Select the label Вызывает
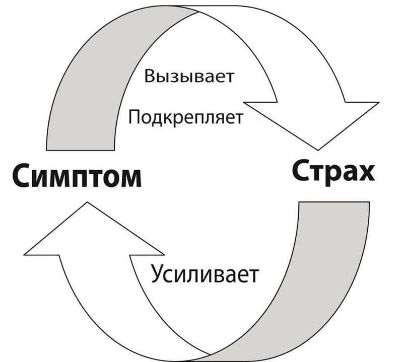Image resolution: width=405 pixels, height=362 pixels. pos(190,79)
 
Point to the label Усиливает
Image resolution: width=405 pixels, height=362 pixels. pos(204,275)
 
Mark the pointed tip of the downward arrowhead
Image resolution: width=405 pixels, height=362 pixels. pos(318,149)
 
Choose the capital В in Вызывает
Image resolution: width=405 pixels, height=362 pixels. pos(150,78)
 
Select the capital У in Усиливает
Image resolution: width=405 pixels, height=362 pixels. pos(158,275)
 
